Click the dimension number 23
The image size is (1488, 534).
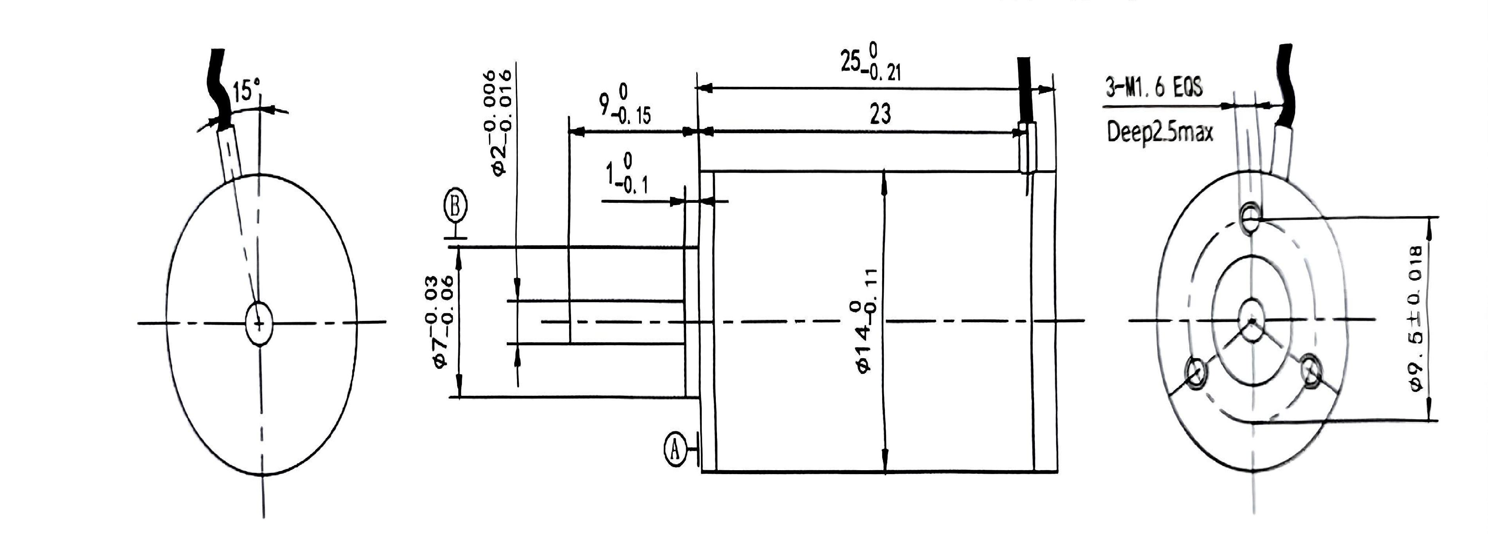coord(880,114)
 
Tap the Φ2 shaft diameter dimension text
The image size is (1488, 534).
coord(500,121)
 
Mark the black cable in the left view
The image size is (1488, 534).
coord(220,87)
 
